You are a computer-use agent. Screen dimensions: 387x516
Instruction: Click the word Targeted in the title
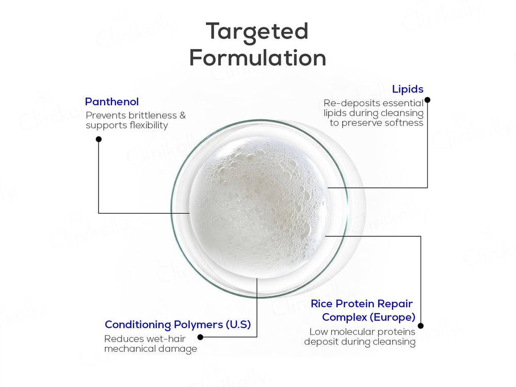(257, 32)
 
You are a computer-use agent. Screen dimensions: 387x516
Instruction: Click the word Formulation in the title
(257, 58)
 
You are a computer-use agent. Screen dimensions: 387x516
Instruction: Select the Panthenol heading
(112, 102)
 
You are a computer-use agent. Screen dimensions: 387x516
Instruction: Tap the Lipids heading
(408, 89)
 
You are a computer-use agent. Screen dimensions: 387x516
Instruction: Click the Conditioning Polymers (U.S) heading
(178, 325)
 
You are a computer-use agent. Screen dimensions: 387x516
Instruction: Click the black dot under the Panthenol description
(99, 139)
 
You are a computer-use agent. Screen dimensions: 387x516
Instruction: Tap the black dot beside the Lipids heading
(427, 100)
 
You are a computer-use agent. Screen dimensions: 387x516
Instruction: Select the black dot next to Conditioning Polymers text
(200, 337)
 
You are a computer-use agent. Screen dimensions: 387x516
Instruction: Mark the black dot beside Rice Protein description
(421, 326)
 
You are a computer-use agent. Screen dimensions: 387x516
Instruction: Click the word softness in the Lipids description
(404, 123)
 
